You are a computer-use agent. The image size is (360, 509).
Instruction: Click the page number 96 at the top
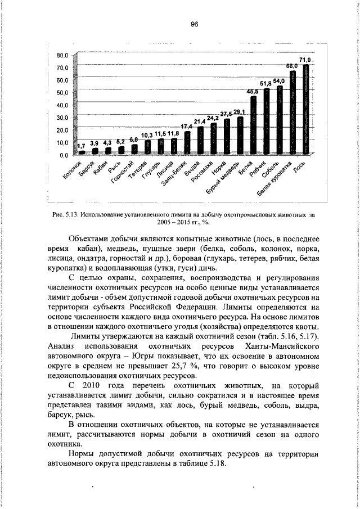[x=195, y=24]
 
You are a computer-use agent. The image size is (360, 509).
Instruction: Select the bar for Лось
[x=306, y=109]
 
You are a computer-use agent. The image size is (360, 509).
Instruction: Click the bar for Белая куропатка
[x=292, y=112]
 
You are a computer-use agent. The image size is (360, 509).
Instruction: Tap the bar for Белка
[x=253, y=125]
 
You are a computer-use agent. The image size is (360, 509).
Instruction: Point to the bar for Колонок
[x=82, y=152]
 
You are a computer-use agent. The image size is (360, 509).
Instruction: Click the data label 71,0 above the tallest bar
[x=305, y=60]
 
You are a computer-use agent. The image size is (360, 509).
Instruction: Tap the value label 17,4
[x=187, y=127]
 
